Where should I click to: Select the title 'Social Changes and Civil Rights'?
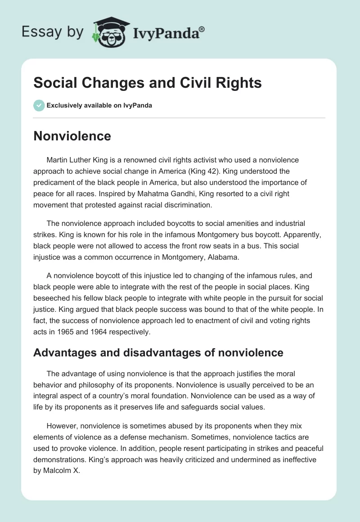[148, 83]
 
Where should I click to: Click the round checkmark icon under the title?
[39, 105]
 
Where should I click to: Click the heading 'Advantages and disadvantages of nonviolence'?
[158, 353]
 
